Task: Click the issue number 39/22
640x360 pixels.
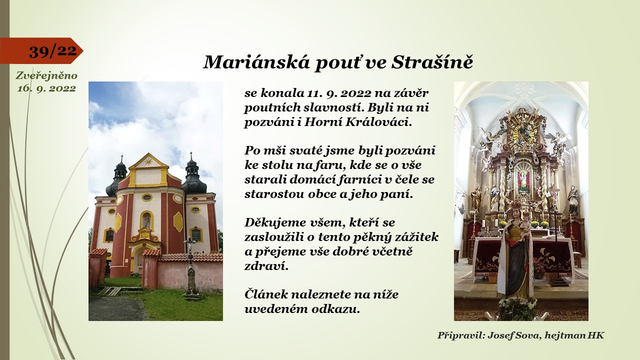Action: tap(53, 51)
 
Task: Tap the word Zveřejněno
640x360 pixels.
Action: tap(46, 75)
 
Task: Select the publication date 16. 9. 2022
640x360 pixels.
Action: tap(46, 88)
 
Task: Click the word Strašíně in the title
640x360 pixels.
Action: tap(432, 62)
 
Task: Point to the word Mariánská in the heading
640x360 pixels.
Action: tap(256, 62)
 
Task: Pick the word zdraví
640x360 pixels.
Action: tap(266, 266)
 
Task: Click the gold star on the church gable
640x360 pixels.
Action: tap(148, 161)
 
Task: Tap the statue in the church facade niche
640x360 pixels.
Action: tap(147, 221)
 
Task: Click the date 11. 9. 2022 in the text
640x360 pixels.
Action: tap(339, 93)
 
